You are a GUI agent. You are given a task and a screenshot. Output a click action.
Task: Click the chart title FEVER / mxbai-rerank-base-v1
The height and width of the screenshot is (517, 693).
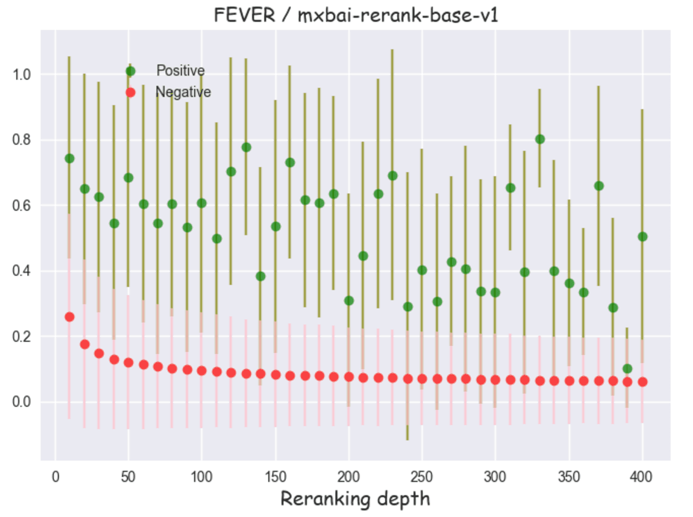click(x=356, y=15)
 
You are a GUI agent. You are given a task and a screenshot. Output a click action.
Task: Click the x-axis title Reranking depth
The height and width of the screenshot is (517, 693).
click(x=355, y=499)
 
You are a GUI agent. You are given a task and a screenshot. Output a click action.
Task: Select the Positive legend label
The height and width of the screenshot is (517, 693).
click(x=180, y=71)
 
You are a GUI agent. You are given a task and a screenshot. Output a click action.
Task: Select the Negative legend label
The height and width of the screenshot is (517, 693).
click(x=183, y=92)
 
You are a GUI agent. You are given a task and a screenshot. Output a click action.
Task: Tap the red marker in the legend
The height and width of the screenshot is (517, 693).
click(x=131, y=92)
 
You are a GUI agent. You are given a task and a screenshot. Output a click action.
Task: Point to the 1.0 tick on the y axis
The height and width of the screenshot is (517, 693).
click(x=21, y=75)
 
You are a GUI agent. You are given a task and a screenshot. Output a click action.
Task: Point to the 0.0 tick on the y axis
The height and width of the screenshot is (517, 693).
click(x=21, y=402)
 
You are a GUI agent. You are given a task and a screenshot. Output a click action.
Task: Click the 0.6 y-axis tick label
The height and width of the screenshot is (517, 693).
click(x=21, y=206)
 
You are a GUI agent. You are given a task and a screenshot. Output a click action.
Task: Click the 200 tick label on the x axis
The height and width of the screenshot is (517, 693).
click(x=349, y=477)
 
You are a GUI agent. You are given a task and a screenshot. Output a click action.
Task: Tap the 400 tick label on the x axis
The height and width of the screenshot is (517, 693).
click(x=641, y=477)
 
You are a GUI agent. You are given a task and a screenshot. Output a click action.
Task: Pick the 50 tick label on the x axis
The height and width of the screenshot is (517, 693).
click(x=128, y=477)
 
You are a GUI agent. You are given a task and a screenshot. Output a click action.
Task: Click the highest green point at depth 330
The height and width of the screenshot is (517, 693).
click(x=540, y=139)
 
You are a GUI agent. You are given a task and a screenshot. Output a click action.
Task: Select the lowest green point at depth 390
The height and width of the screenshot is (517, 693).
click(x=627, y=369)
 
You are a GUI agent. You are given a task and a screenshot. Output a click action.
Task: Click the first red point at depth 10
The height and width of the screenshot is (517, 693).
click(x=70, y=317)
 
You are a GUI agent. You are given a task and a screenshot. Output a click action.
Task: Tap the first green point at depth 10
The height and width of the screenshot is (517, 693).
click(x=70, y=158)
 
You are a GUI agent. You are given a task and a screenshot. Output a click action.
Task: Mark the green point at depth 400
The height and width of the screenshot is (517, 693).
click(x=643, y=237)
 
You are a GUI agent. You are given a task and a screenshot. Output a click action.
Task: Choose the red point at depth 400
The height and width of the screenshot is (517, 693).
click(x=643, y=382)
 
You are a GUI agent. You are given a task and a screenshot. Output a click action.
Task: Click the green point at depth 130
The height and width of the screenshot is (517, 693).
click(x=246, y=147)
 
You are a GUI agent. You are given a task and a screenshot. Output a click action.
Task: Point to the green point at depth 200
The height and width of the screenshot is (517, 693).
click(x=349, y=301)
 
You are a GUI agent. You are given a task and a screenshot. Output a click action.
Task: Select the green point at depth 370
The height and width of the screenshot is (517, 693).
click(x=599, y=186)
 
